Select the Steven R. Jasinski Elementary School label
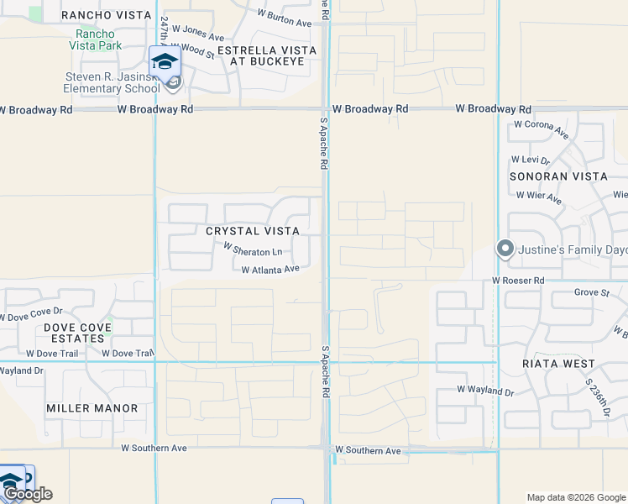tap(113, 82)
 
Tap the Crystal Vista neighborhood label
tap(252, 230)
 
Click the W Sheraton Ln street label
tap(253, 250)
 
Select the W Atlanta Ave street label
tap(270, 270)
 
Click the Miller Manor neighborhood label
tap(92, 408)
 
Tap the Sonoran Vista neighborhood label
tap(558, 176)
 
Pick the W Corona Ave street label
tap(542, 129)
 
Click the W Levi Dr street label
tap(530, 160)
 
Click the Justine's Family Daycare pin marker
tap(505, 249)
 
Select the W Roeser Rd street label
tap(519, 280)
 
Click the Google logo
tap(28, 494)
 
